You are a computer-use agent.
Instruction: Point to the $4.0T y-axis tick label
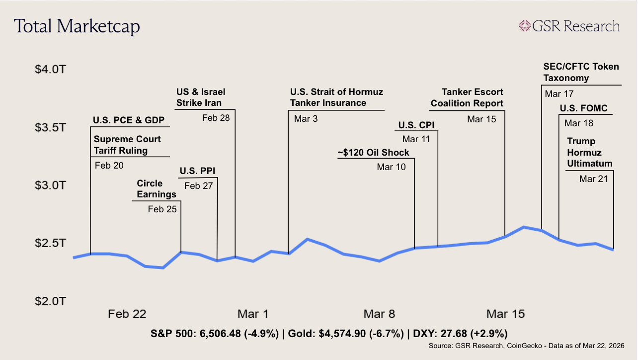50,69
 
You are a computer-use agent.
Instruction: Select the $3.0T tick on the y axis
50,185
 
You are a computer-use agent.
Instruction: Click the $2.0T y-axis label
50,301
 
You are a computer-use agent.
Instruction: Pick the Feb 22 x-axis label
127,314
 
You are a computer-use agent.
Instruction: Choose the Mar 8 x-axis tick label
379,314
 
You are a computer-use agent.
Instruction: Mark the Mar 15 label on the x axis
505,314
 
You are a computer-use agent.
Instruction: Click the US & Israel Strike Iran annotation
200,97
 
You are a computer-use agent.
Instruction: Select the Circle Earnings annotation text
157,189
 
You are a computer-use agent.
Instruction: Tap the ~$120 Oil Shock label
373,152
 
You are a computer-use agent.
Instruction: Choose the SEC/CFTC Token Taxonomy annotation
580,73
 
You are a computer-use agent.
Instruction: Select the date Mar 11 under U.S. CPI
416,139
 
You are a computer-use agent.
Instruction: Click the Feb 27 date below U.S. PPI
199,186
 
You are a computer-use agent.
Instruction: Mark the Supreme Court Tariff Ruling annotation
121,145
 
